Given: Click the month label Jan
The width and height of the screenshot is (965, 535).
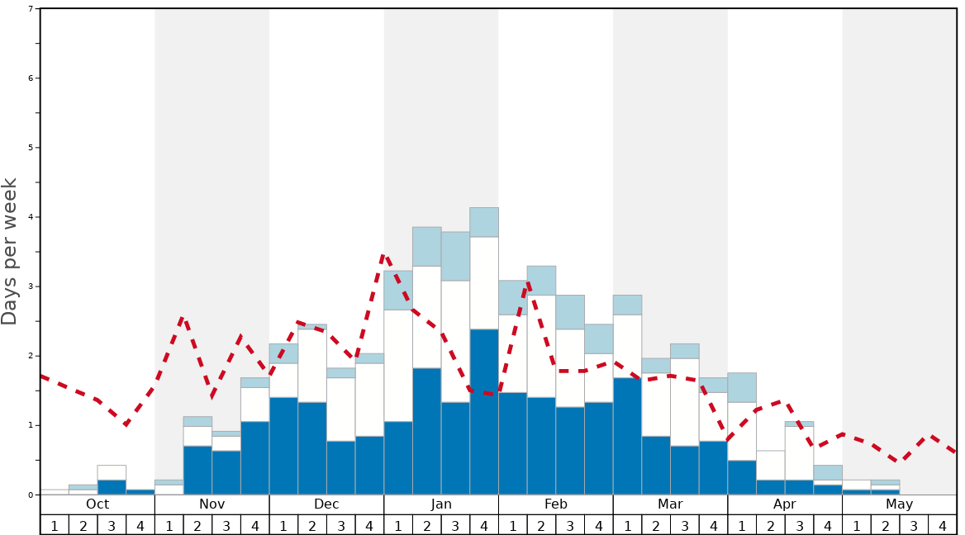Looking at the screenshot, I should [x=441, y=504].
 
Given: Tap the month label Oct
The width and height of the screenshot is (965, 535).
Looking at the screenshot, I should [x=97, y=504].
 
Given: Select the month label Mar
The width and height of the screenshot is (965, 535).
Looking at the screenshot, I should [x=670, y=504].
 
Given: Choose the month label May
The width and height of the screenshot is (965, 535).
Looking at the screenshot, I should [x=899, y=504].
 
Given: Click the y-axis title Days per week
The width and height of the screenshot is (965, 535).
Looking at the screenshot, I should [x=10, y=251].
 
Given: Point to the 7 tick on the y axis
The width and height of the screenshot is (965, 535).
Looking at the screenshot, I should [x=31, y=9].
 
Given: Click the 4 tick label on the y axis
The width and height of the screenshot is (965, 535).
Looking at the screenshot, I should [x=31, y=217].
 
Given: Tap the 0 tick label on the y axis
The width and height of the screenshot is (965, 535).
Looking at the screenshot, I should [x=31, y=495].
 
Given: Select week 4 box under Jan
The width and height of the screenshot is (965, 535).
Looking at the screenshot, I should [x=484, y=525].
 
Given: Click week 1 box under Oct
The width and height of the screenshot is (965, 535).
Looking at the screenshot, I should [x=55, y=525].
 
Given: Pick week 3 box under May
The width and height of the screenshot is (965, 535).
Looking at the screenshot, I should [x=914, y=525].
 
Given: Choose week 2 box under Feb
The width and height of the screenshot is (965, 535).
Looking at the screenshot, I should [x=541, y=525].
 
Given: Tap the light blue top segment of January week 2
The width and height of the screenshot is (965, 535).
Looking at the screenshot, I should [x=427, y=246].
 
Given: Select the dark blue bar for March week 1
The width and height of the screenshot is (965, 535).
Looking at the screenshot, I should [x=627, y=436].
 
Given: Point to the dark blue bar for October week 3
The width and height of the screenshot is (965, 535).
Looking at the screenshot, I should [x=112, y=487].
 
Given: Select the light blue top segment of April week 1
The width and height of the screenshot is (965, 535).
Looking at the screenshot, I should [x=742, y=387].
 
